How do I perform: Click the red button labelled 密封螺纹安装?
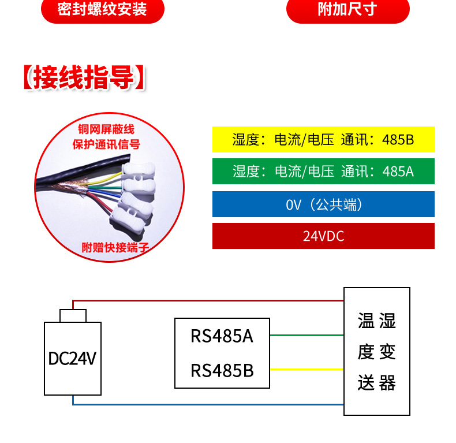pos(103,10)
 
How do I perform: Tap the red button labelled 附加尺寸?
pos(347,10)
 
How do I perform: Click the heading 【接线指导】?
pos(84,79)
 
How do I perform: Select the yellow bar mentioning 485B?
pos(323,140)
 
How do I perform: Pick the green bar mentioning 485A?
pos(323,172)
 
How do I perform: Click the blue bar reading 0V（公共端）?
pos(323,204)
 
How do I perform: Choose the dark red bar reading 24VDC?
pos(323,236)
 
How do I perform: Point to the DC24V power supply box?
pos(73,358)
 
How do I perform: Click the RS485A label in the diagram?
pos(222,336)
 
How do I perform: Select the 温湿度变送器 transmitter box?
pos(377,351)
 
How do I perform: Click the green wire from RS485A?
pos(307,335)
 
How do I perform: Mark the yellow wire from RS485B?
pos(307,369)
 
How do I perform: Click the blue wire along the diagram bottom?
pos(208,404)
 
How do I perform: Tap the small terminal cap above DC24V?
pos(73,315)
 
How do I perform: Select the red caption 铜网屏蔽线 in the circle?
pos(107,128)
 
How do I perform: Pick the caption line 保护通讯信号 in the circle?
pos(106,144)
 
